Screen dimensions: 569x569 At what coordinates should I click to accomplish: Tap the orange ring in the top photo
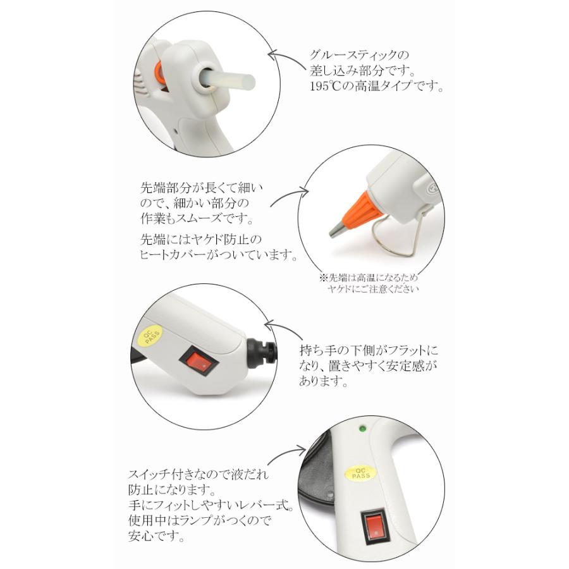(161, 75)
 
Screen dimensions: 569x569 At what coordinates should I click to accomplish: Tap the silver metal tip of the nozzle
(337, 228)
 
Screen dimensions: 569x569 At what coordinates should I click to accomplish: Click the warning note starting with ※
(369, 283)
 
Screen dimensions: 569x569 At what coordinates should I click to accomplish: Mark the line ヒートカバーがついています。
(218, 255)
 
